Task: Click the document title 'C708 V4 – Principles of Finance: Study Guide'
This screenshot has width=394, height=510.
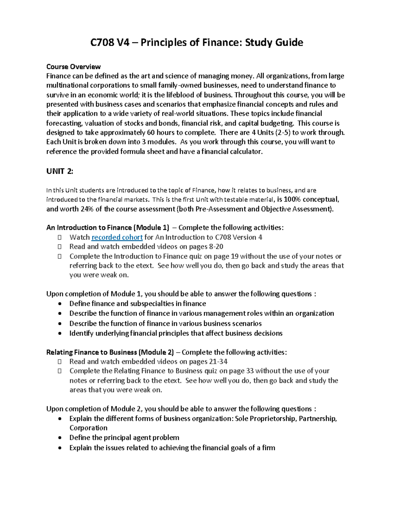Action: [197, 42]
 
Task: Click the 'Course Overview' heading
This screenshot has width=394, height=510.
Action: [73, 67]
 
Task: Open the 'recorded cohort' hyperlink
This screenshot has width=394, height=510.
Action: [117, 237]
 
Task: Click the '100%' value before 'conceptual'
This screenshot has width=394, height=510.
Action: [292, 199]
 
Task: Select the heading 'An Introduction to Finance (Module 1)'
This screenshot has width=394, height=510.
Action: [108, 228]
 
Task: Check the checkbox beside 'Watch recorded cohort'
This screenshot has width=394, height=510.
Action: [59, 237]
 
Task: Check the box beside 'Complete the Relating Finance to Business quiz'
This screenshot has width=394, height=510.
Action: [59, 371]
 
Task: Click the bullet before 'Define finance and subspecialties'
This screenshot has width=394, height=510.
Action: [59, 304]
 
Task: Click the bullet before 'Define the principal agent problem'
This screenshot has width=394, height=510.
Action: [59, 438]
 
